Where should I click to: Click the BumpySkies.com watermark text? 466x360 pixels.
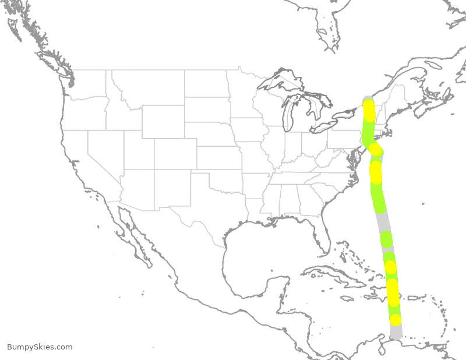(x=40, y=347)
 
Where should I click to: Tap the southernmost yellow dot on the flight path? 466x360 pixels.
(x=396, y=320)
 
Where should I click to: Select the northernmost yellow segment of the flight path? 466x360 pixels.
(x=369, y=109)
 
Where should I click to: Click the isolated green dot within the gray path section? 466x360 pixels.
(x=386, y=239)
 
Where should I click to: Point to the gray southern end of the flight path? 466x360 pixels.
(x=396, y=333)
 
